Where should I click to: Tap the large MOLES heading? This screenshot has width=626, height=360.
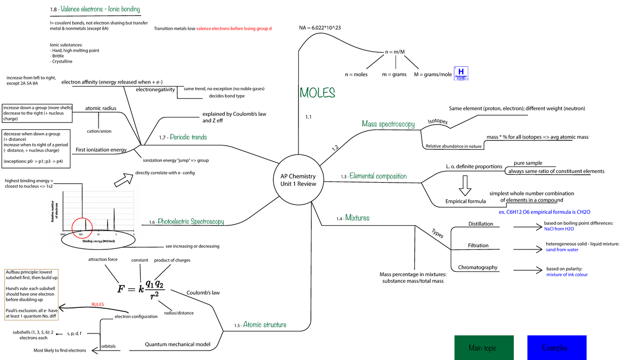coord(317,93)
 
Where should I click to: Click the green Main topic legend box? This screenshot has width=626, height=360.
coord(483,347)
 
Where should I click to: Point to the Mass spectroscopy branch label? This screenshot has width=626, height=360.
coord(388,124)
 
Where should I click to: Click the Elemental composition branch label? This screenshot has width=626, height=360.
coord(378,176)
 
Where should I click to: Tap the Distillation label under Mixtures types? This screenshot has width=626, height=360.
coord(480,224)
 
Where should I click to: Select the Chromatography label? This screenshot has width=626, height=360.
coord(477,267)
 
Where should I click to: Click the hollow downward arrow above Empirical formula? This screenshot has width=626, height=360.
coord(465,185)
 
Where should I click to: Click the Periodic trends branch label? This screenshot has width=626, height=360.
coord(188,137)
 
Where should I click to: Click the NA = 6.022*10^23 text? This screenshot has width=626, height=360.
coord(320,27)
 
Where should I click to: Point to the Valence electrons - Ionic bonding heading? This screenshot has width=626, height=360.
coord(100,9)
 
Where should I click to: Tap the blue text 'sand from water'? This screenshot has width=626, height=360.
coord(562,250)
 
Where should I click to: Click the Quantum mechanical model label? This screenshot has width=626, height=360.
coord(177,344)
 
